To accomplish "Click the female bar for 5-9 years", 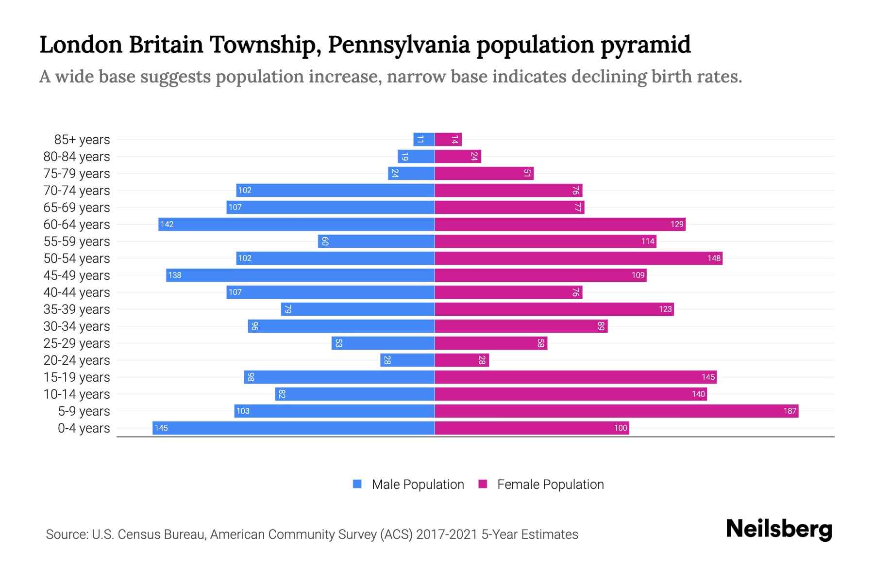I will point(616,411).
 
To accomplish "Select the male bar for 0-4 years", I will point(293,428).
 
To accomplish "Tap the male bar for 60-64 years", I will point(296,224).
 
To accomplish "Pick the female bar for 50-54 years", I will point(578,258).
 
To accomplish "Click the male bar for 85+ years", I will point(424,139).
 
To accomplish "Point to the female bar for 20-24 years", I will point(461,360).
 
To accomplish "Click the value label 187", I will point(790,411).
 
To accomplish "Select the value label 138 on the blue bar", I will point(174,275).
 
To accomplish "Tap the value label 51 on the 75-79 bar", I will point(527,173).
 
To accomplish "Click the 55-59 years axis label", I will point(77,242).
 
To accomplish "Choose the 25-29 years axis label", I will point(77,343).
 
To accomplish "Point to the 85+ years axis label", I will point(82,140).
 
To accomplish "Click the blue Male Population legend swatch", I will point(357,484).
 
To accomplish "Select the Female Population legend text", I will point(550,484).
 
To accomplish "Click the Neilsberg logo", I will point(779,529).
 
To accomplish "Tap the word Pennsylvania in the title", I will point(399,45).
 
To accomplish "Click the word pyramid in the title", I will point(645,45).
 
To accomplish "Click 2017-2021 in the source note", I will point(447,534).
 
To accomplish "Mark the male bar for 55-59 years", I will point(376,241).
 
